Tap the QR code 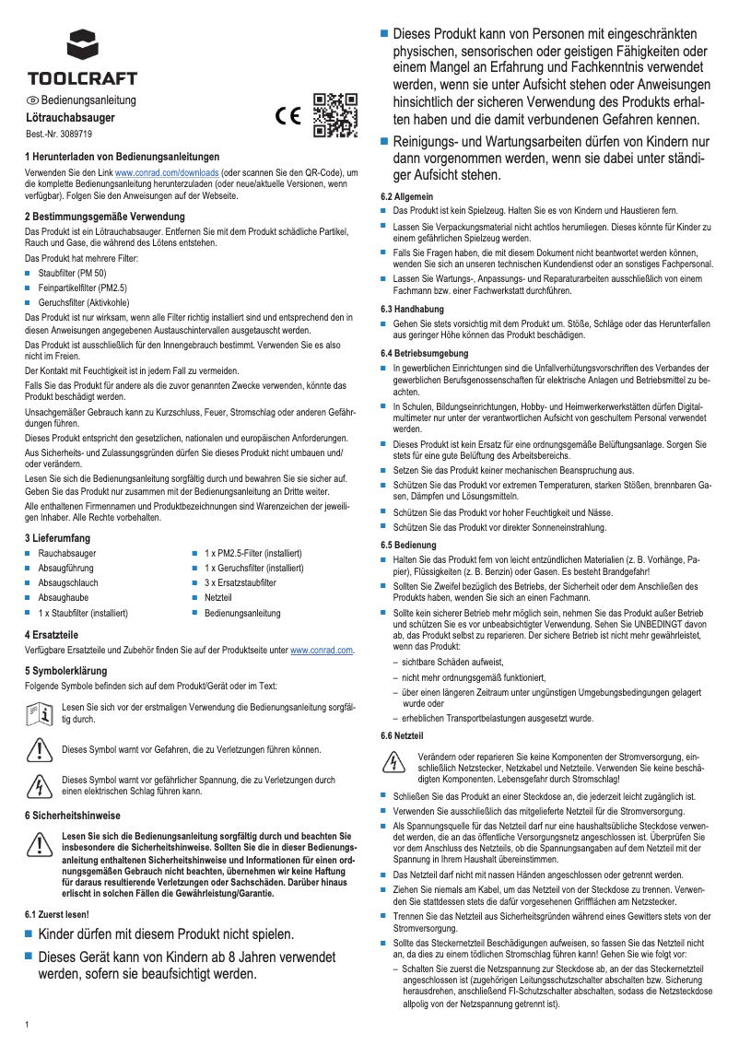(335, 115)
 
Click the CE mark (288, 117)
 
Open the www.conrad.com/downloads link (166, 172)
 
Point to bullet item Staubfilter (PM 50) (72, 274)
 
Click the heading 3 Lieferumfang (57, 537)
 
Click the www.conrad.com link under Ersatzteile (322, 651)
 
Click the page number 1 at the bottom (28, 1025)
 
